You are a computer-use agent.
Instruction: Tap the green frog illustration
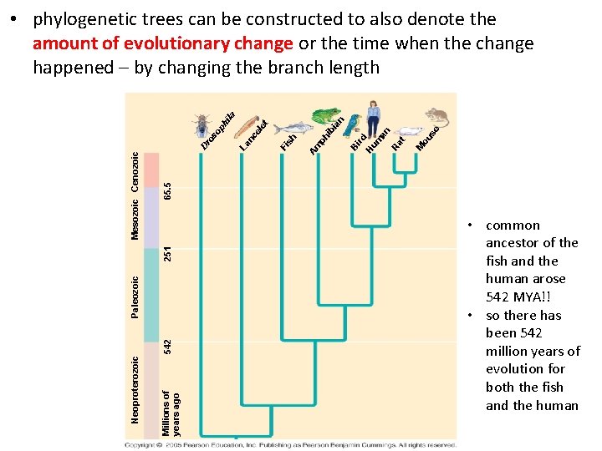(x=326, y=117)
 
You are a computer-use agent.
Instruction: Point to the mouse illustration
(x=436, y=116)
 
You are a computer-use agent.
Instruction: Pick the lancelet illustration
(x=248, y=129)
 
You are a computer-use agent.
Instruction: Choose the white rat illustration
(x=410, y=130)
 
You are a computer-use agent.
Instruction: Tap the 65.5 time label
(x=168, y=190)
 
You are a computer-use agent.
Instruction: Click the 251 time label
(x=168, y=251)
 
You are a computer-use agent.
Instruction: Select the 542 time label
(x=168, y=343)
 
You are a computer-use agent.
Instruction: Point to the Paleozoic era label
(x=135, y=296)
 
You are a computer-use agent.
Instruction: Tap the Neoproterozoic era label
(x=135, y=388)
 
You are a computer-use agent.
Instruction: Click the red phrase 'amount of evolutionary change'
(x=162, y=43)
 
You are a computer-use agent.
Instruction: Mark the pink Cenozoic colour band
(x=151, y=177)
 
